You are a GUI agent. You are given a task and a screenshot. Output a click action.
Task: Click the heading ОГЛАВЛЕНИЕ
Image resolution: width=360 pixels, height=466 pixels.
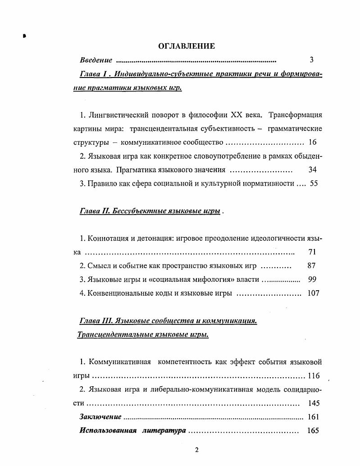pyautogui.click(x=187, y=46)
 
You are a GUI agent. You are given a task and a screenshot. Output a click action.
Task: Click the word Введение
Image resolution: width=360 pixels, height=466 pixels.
pyautogui.click(x=96, y=60)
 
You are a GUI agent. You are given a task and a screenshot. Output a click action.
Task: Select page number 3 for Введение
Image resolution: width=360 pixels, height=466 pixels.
pyautogui.click(x=311, y=59)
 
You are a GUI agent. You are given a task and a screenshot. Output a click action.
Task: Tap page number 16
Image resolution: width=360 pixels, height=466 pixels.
pyautogui.click(x=313, y=142)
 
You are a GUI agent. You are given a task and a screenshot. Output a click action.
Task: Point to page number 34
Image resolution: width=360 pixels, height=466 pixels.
pyautogui.click(x=312, y=170)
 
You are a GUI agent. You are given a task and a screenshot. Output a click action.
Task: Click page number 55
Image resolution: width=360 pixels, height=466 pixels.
pyautogui.click(x=314, y=184)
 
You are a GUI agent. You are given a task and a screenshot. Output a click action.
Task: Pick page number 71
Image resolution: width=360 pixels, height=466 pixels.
pyautogui.click(x=312, y=252)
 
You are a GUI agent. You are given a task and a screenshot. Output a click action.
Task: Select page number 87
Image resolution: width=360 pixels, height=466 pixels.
pyautogui.click(x=311, y=265)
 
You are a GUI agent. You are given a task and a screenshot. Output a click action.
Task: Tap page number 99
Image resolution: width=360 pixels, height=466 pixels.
pyautogui.click(x=312, y=279)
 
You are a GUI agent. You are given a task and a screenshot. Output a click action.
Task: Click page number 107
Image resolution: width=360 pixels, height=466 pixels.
pyautogui.click(x=313, y=293)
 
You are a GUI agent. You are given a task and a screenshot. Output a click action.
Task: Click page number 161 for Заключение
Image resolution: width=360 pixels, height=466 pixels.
pyautogui.click(x=313, y=417)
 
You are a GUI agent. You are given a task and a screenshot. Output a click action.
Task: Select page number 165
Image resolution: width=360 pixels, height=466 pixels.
pyautogui.click(x=313, y=430)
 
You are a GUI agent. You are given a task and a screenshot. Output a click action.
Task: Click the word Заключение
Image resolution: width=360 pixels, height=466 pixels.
pyautogui.click(x=100, y=417)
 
